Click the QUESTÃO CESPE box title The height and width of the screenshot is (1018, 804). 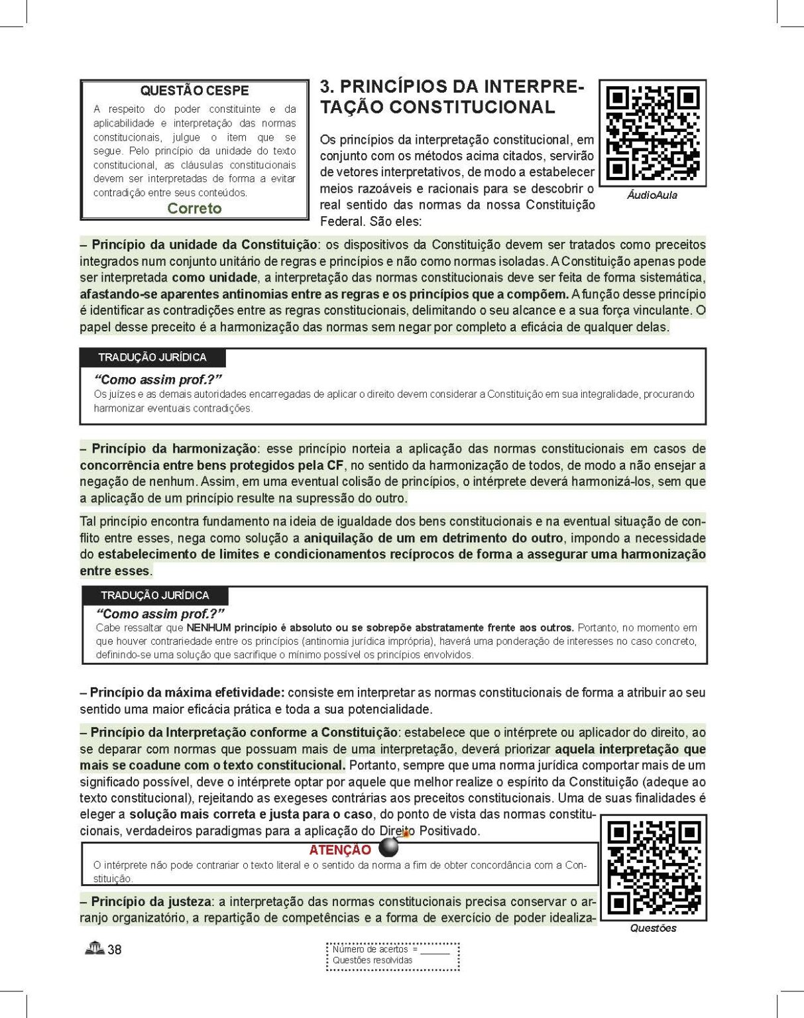194,91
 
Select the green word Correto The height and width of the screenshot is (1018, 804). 194,208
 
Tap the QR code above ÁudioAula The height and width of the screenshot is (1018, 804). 653,133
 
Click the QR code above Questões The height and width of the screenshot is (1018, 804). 654,868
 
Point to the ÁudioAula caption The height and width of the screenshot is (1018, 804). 652,196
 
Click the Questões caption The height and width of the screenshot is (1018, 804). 653,928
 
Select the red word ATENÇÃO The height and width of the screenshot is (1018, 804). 340,850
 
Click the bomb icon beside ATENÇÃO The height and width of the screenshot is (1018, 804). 389,847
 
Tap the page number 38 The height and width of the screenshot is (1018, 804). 115,950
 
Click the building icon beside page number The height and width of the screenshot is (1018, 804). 95,948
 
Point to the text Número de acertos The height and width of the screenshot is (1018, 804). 371,949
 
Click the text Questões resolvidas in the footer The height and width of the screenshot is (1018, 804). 373,960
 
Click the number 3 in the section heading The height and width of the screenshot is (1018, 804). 325,87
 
